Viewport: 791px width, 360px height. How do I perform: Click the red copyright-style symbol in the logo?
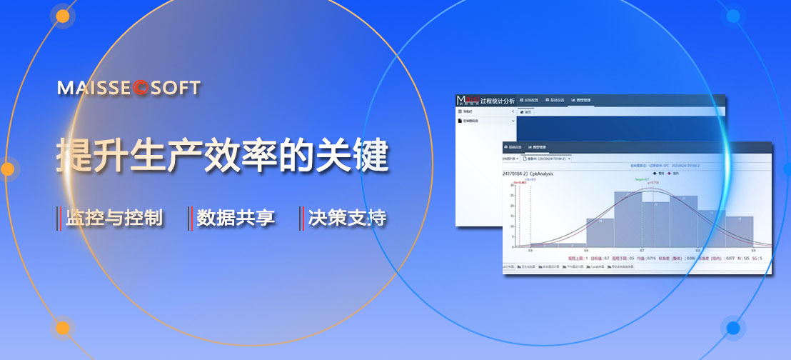coord(140,89)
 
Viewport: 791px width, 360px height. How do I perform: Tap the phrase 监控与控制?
coord(114,218)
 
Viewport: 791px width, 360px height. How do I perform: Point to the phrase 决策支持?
coord(348,218)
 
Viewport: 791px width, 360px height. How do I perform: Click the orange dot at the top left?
coord(63,16)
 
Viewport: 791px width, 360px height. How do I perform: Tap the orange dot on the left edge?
coord(7,169)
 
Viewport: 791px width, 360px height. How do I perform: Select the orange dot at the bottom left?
coord(63,328)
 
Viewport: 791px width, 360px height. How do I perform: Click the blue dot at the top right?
coord(732,16)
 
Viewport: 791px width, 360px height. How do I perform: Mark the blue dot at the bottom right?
coord(732,328)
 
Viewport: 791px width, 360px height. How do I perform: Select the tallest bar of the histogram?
coord(628,218)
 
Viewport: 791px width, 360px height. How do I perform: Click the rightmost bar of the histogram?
coord(740,231)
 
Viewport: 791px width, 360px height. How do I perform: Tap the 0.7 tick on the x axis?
coord(642,251)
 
